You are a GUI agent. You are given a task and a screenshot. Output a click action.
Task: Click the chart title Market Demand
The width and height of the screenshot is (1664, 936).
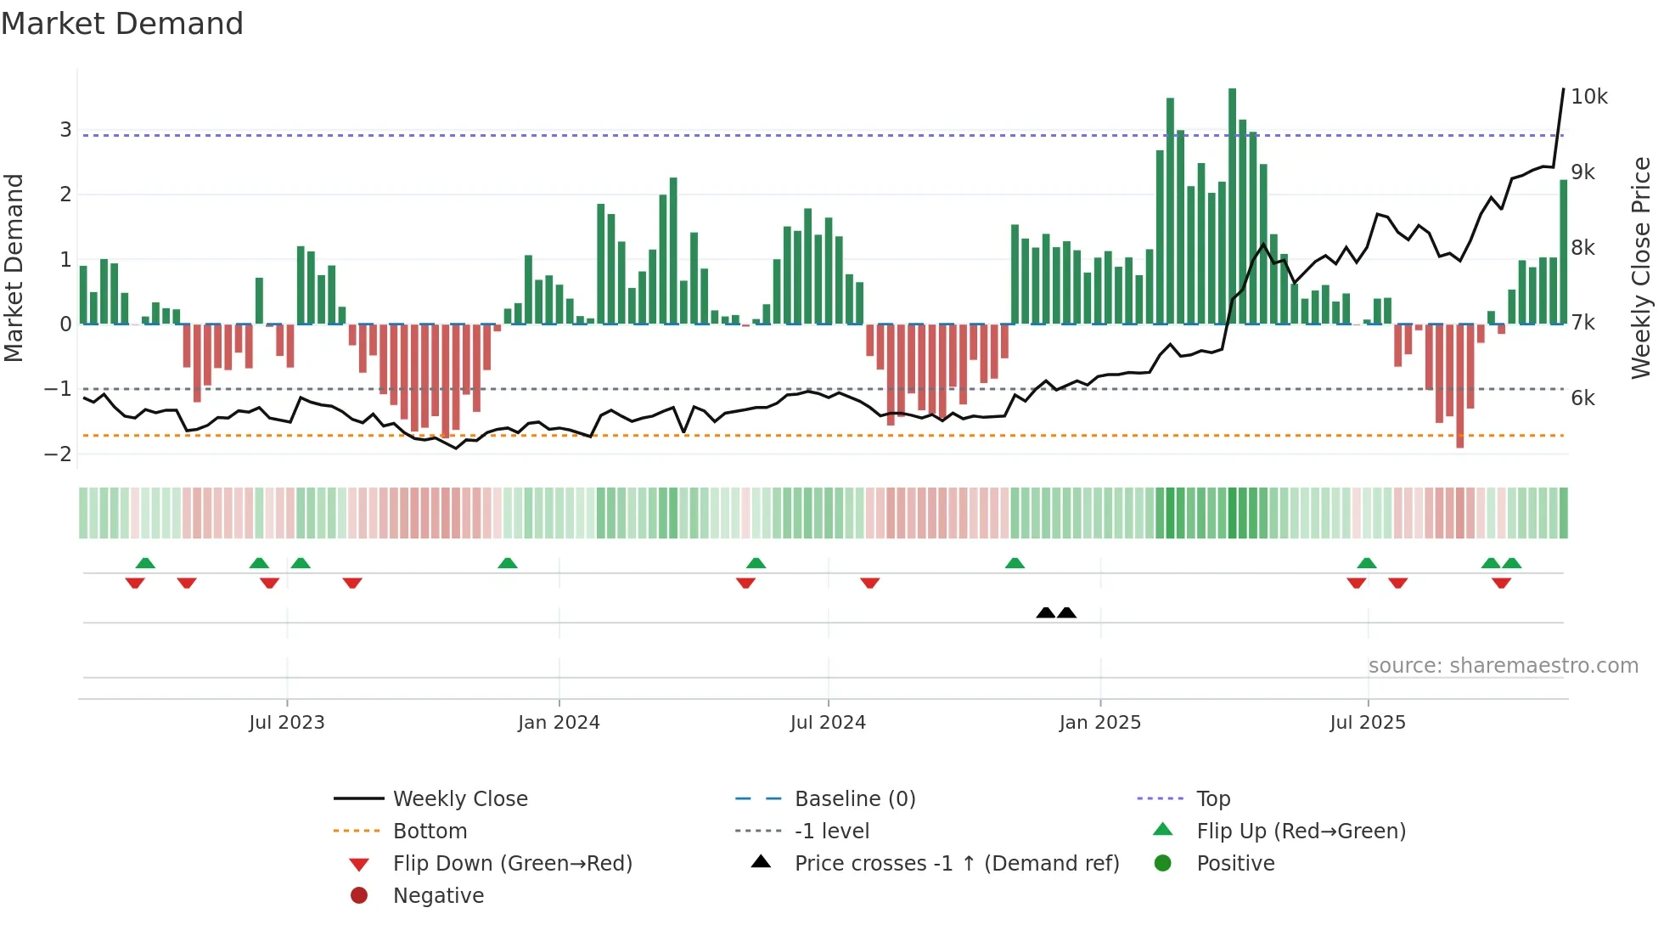pos(122,24)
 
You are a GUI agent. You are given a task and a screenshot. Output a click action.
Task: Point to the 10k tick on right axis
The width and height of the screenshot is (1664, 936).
pos(1588,97)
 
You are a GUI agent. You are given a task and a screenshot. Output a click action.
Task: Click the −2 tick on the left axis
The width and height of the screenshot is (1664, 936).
pos(58,454)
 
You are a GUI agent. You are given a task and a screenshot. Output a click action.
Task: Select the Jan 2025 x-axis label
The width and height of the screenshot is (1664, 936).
pos(1099,723)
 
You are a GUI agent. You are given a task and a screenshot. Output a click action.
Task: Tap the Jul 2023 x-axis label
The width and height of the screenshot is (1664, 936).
pos(287,723)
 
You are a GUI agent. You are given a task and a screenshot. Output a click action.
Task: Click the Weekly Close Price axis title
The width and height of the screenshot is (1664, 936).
pos(1641,268)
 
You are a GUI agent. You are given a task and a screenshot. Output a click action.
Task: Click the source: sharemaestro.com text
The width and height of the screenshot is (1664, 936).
pos(1503,666)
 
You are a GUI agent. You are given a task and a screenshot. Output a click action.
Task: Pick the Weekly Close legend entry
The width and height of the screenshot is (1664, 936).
pos(459,799)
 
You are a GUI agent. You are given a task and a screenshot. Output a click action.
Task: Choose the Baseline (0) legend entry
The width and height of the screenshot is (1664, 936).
pos(854,799)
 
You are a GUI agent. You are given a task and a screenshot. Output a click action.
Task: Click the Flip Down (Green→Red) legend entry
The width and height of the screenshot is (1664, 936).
pos(512,864)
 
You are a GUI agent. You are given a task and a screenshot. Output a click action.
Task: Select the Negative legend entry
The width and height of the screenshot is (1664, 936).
pos(438,896)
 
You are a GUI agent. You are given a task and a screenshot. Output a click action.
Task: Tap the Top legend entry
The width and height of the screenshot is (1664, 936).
pos(1212,799)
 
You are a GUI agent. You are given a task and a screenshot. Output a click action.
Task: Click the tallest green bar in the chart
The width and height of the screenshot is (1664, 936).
pos(1232,204)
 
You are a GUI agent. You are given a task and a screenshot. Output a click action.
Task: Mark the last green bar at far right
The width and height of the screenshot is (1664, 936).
pos(1563,251)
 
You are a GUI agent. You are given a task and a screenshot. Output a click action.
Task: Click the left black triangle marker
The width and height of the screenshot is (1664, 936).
pos(1046,612)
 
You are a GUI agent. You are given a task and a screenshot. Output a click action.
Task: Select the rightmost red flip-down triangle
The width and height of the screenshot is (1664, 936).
pos(1501,583)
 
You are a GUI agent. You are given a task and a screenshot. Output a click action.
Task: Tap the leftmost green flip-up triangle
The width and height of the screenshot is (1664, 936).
pos(145,562)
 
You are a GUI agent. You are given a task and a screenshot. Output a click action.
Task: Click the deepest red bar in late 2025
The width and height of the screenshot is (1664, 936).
pos(1459,386)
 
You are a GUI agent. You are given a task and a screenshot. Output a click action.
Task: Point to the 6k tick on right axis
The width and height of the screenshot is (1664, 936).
pos(1582,398)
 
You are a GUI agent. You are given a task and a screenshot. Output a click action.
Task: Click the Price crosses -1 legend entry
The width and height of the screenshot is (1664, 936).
pos(956,864)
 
